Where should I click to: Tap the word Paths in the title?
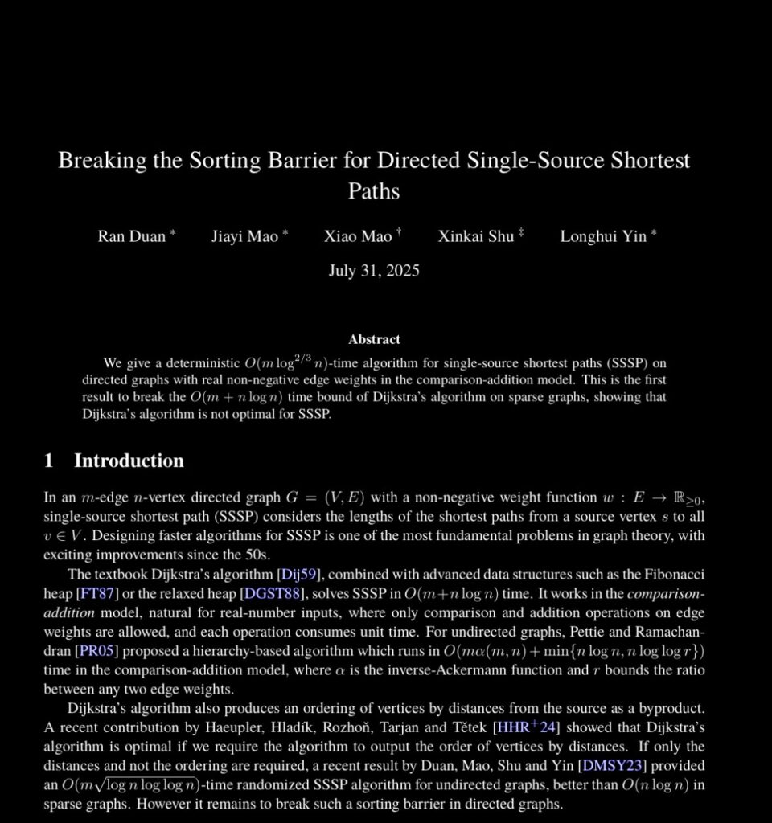click(x=373, y=191)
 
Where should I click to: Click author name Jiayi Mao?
click(x=244, y=236)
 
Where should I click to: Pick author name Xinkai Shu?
click(x=475, y=236)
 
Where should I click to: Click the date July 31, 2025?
click(x=373, y=270)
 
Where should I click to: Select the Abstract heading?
click(x=374, y=339)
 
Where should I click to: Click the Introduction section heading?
click(x=129, y=461)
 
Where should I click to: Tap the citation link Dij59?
click(x=300, y=574)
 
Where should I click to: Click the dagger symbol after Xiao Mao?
click(x=398, y=232)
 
